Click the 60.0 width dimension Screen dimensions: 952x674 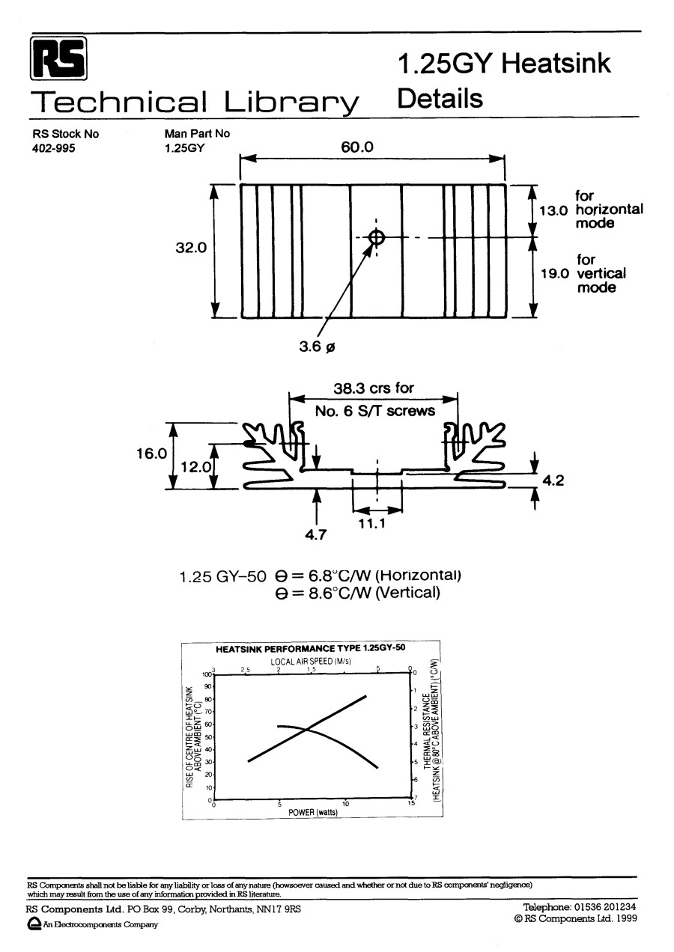pyautogui.click(x=356, y=147)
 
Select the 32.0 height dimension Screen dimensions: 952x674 pyautogui.click(x=191, y=248)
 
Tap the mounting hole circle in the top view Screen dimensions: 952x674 pyautogui.click(x=377, y=238)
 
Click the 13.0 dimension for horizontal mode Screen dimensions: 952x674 pyautogui.click(x=554, y=210)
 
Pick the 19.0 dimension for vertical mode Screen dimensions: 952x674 pyautogui.click(x=556, y=273)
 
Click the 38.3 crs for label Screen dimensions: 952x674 pyautogui.click(x=374, y=388)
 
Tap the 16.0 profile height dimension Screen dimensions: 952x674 pyautogui.click(x=151, y=454)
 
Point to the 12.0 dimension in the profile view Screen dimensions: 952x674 pyautogui.click(x=196, y=468)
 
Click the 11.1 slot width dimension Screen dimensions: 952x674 pyautogui.click(x=371, y=524)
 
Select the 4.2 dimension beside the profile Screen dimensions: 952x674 pyautogui.click(x=553, y=480)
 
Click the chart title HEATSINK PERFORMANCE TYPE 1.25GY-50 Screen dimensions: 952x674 pyautogui.click(x=311, y=649)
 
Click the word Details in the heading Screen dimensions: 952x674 pyautogui.click(x=440, y=98)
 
